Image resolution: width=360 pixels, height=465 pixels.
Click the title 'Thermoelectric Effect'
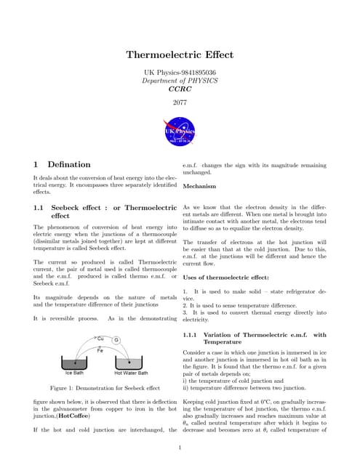click(x=180, y=54)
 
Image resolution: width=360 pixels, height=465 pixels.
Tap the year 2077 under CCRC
click(x=180, y=102)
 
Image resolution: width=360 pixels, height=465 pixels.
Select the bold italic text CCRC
click(x=180, y=89)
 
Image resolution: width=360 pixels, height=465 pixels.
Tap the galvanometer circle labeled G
click(x=116, y=341)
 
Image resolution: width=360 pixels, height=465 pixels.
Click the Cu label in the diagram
click(x=101, y=338)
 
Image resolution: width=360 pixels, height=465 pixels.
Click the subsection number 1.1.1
click(x=191, y=334)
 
